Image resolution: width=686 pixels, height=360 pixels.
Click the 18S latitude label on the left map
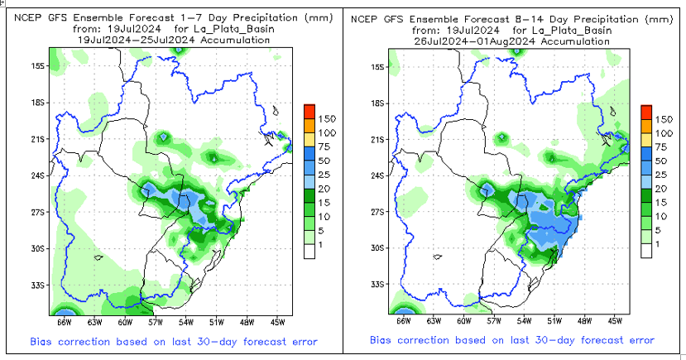(38, 103)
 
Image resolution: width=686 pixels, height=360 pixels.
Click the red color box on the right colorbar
(645, 112)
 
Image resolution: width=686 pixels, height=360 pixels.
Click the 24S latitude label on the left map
(38, 175)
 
